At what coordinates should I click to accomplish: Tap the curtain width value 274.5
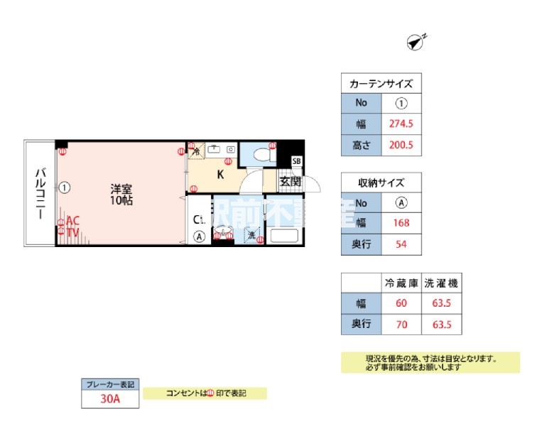(x=401, y=124)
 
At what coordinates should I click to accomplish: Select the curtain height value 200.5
(x=401, y=146)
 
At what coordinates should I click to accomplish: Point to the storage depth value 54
(x=401, y=246)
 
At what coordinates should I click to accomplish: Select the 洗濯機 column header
(x=441, y=283)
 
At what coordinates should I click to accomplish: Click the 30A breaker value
(x=110, y=400)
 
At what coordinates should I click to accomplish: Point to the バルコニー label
(x=41, y=193)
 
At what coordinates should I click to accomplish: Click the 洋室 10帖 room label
(x=121, y=195)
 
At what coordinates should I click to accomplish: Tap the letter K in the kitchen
(x=220, y=175)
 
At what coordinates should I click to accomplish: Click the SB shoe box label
(x=296, y=161)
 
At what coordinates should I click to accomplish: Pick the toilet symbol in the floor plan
(x=262, y=153)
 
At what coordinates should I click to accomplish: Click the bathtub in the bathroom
(x=283, y=236)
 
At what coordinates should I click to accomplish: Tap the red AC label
(x=72, y=220)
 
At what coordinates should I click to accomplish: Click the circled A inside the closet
(x=200, y=236)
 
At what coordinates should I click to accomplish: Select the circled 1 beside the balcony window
(x=65, y=187)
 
